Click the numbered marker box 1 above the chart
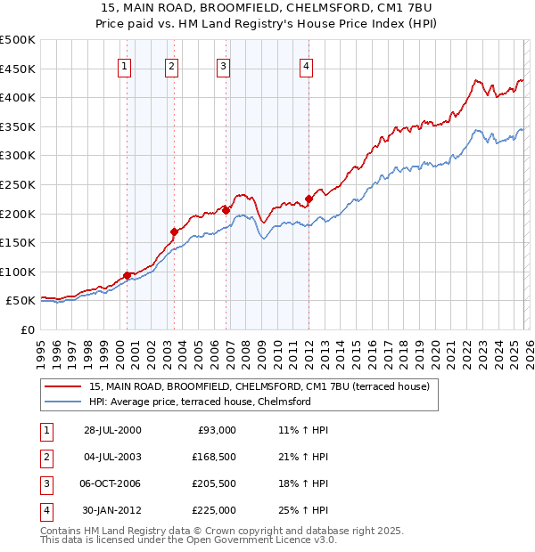click(x=124, y=65)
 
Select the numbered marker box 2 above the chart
click(x=170, y=65)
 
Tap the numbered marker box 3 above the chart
click(x=223, y=65)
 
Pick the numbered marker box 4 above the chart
click(x=306, y=65)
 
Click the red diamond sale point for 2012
click(x=309, y=199)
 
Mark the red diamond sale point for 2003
click(x=174, y=231)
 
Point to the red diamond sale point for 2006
click(x=226, y=210)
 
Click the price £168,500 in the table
click(x=214, y=457)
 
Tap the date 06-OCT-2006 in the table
click(x=111, y=483)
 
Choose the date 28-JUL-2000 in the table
click(x=111, y=430)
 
